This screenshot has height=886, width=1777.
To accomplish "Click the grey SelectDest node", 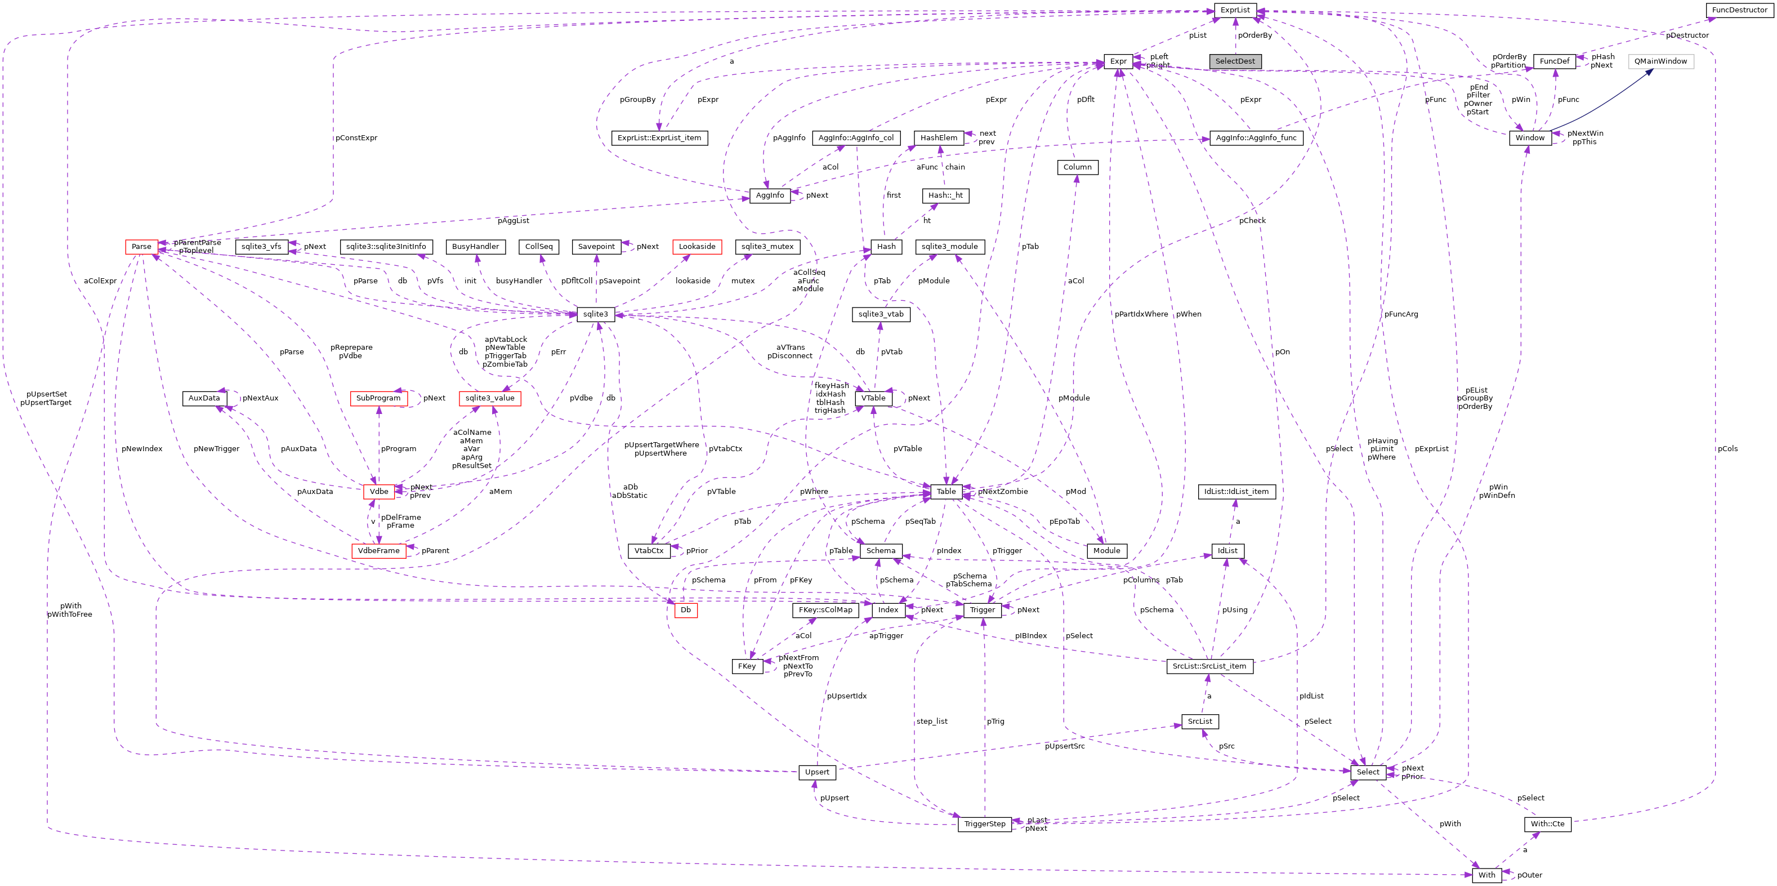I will pos(1235,61).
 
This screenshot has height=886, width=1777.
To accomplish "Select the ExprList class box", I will pos(1235,10).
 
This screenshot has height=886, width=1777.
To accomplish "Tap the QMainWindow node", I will pos(1660,61).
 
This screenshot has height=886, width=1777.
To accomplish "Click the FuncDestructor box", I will pos(1739,10).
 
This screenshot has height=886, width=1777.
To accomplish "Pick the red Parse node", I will pos(141,246).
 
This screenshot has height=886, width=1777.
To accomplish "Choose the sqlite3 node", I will pos(595,314).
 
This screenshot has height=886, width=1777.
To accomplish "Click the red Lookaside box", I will pos(696,246).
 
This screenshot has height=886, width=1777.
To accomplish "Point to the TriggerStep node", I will pos(984,824).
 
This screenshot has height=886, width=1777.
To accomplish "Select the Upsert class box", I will pos(817,772).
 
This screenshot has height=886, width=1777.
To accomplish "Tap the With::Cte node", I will pos(1547,824).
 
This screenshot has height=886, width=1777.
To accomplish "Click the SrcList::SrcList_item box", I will pos(1209,666).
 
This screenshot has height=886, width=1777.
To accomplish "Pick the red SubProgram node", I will pos(378,398).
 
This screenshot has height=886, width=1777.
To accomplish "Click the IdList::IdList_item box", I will pos(1236,491).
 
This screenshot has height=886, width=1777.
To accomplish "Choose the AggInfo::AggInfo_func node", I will pos(1256,138).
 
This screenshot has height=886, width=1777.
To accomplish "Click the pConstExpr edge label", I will pos(356,138).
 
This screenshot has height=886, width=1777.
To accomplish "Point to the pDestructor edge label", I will pos(1687,35).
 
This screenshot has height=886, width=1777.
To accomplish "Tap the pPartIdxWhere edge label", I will pos(1141,314).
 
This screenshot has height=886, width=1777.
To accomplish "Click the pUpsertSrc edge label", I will pos(1064,746).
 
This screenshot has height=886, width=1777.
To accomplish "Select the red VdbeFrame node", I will pos(379,551).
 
